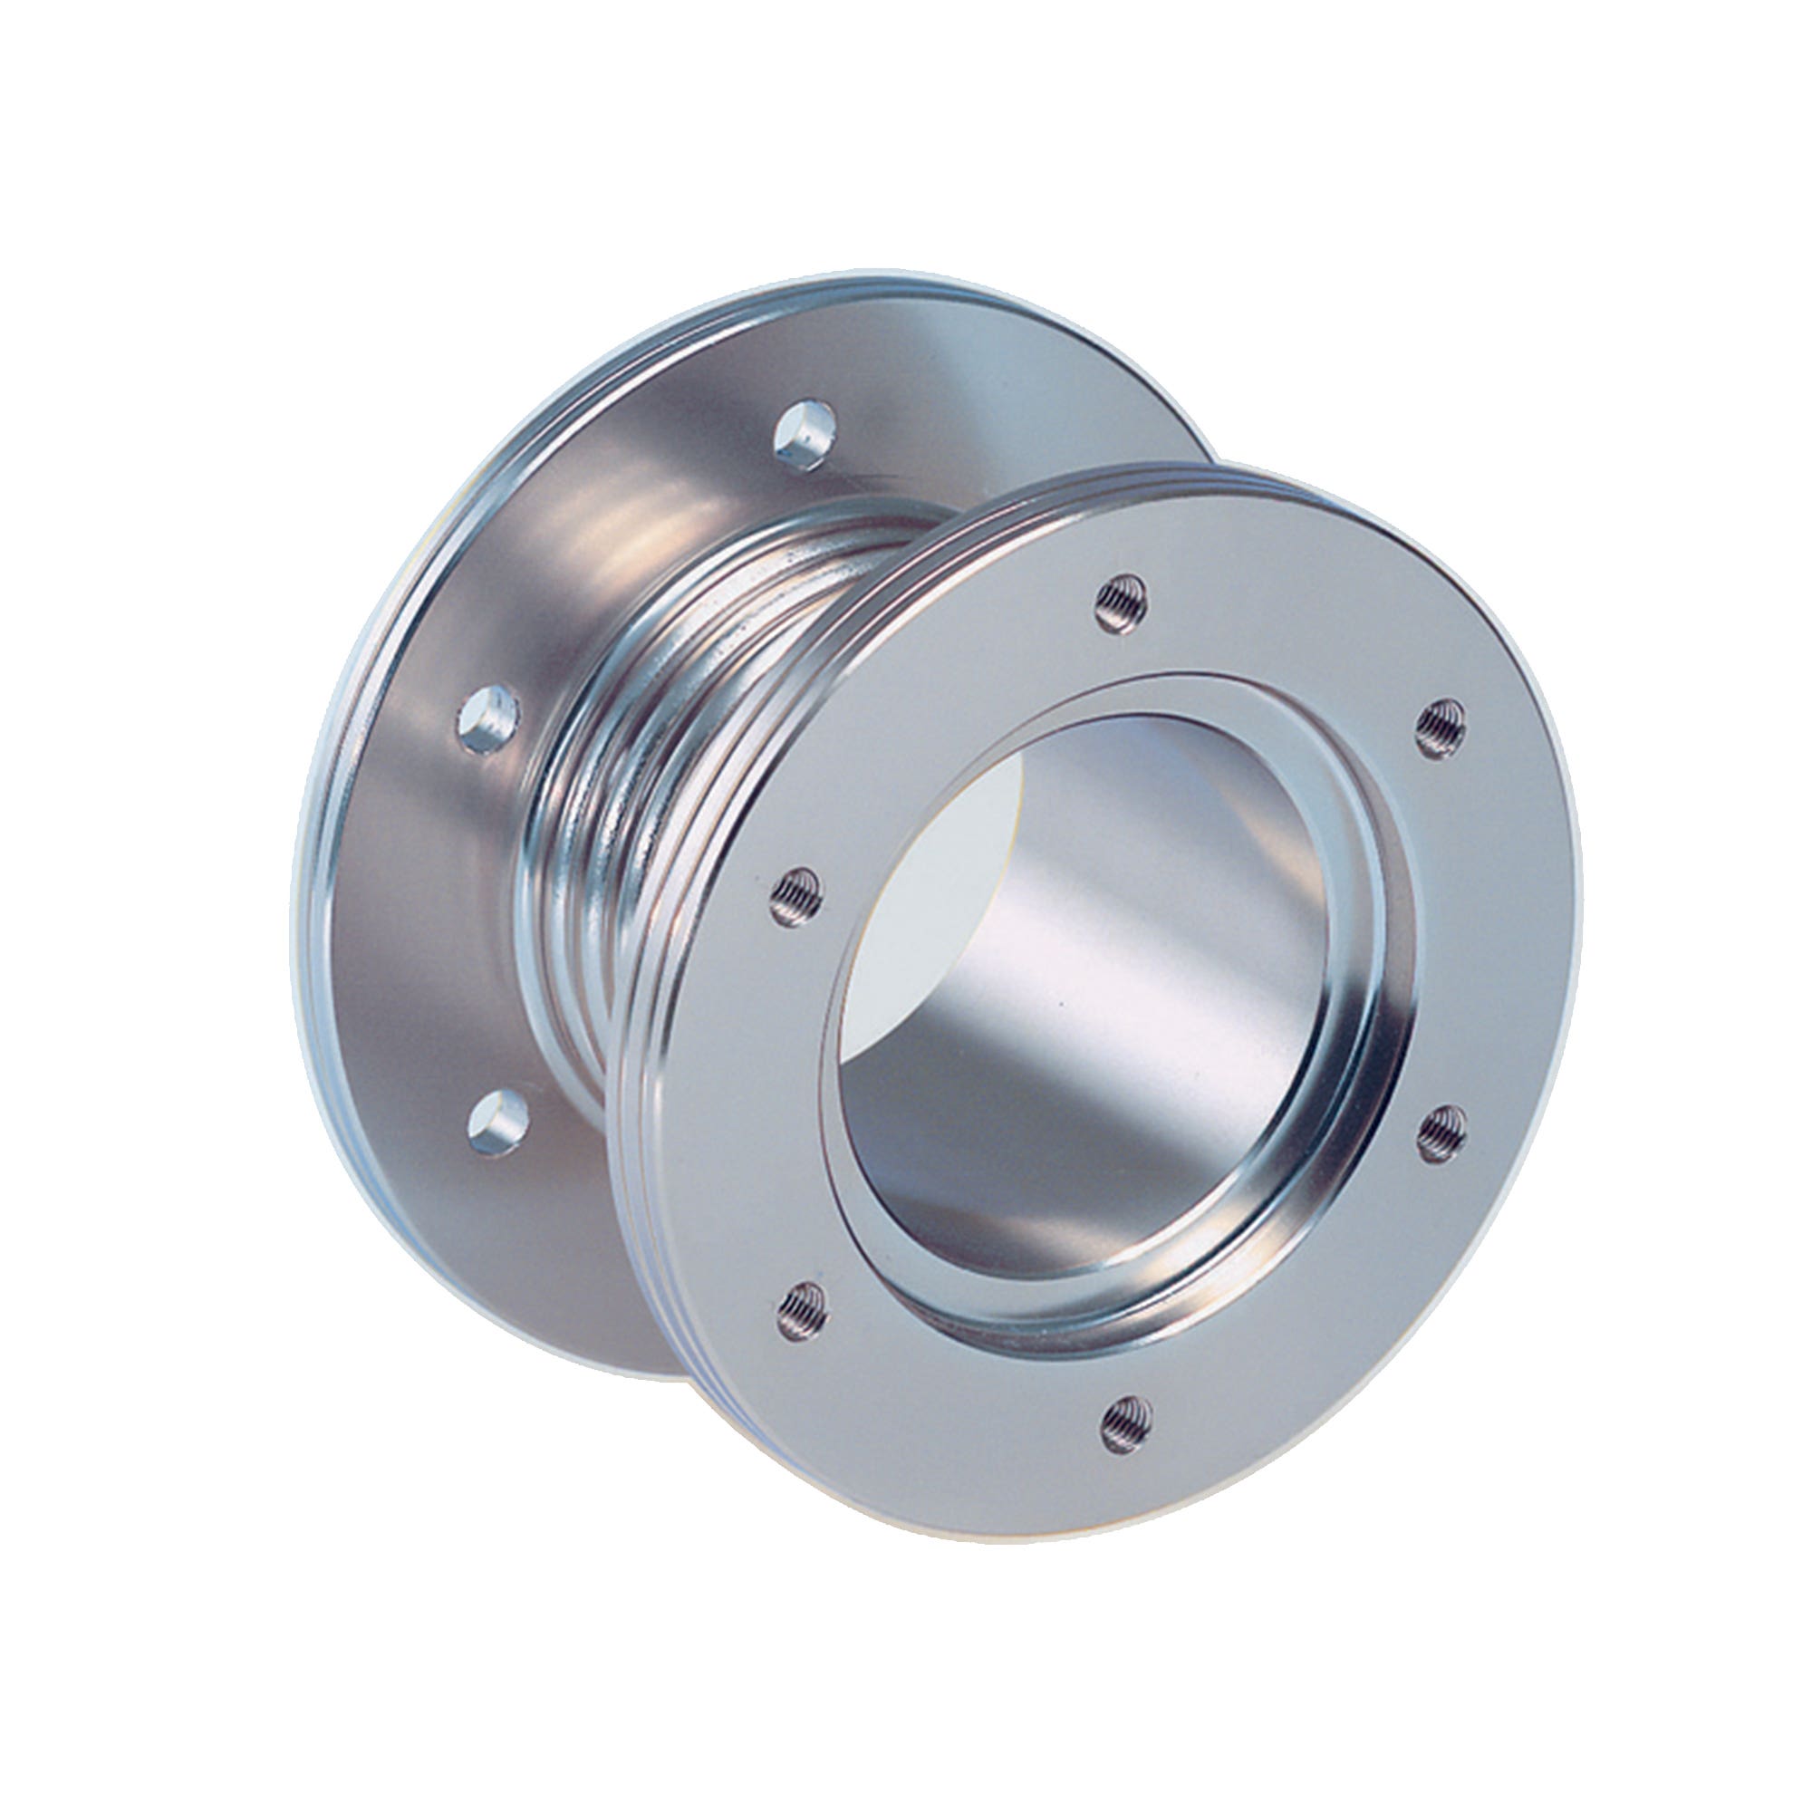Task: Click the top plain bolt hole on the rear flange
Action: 805,435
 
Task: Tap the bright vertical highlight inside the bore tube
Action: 1125,938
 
